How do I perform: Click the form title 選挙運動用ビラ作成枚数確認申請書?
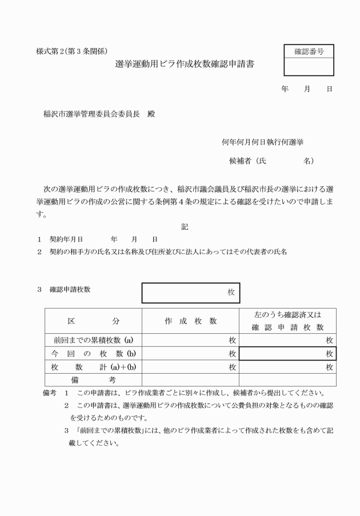pyautogui.click(x=184, y=65)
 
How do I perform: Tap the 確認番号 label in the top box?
pyautogui.click(x=309, y=51)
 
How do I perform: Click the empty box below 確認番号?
pyautogui.click(x=309, y=67)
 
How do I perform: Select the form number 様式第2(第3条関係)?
pyautogui.click(x=72, y=51)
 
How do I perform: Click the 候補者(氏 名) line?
pyautogui.click(x=271, y=161)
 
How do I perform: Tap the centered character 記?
pyautogui.click(x=185, y=227)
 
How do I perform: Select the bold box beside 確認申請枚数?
pyautogui.click(x=190, y=293)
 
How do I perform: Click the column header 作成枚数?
pyautogui.click(x=190, y=321)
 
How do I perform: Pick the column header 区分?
pyautogui.click(x=93, y=321)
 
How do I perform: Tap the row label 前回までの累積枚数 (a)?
pyautogui.click(x=93, y=340)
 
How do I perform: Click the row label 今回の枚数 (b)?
pyautogui.click(x=93, y=354)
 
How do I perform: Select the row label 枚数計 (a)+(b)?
pyautogui.click(x=93, y=367)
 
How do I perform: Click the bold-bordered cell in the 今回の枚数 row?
pyautogui.click(x=287, y=354)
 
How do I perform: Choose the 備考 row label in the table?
pyautogui.click(x=93, y=380)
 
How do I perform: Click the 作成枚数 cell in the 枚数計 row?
pyautogui.click(x=190, y=367)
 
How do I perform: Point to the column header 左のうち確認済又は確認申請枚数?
pyautogui.click(x=287, y=321)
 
